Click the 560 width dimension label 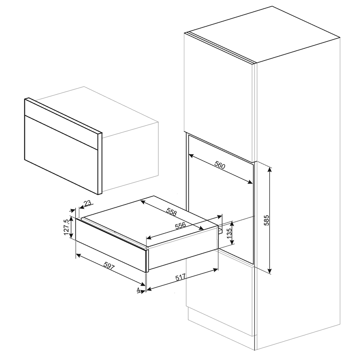(x=220, y=166)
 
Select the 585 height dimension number (x=266, y=220)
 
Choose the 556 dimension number (x=180, y=226)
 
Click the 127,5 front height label (x=66, y=227)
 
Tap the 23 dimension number (x=87, y=203)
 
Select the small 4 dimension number (x=138, y=290)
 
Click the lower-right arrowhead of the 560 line (x=250, y=182)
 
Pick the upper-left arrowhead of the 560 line (x=191, y=156)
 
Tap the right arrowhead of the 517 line (x=215, y=270)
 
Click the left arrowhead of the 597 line (x=78, y=255)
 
